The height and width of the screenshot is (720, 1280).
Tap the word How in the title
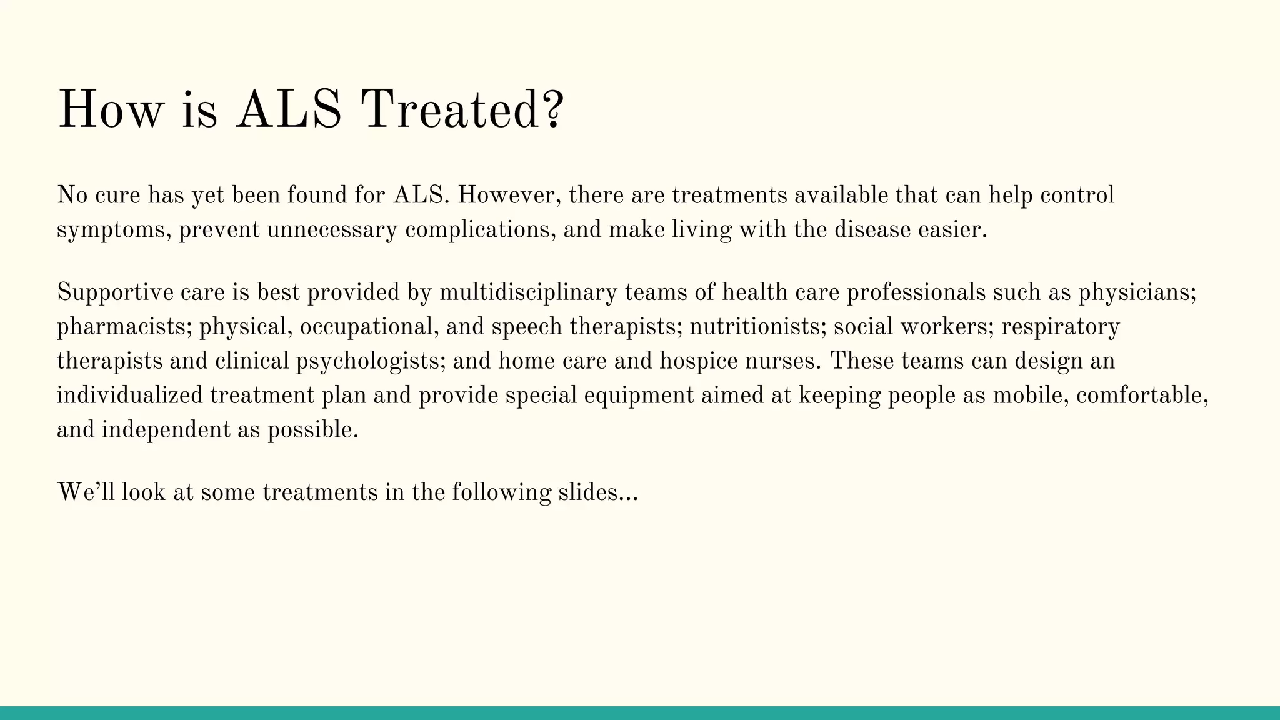tap(110, 110)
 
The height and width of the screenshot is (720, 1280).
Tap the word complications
tap(480, 230)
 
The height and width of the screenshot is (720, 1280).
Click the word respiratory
tap(1061, 327)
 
